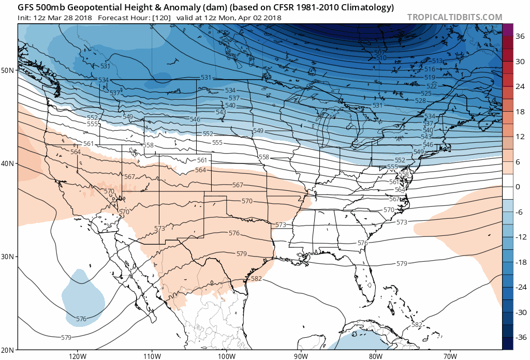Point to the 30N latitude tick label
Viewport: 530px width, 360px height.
tap(8, 257)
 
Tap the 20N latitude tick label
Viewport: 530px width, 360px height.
tap(8, 350)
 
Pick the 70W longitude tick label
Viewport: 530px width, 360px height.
tap(450, 356)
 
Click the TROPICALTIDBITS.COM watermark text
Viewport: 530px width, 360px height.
tap(454, 17)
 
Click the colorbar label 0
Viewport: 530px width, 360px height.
tap(518, 186)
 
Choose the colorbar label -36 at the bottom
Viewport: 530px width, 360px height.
tap(520, 337)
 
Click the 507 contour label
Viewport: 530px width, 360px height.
tap(380, 53)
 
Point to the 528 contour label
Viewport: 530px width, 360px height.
tap(420, 100)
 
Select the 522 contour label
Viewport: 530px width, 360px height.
tap(432, 85)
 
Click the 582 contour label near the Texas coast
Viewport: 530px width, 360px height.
tap(256, 279)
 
